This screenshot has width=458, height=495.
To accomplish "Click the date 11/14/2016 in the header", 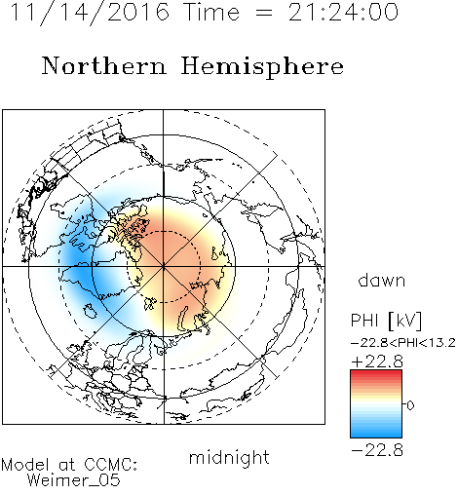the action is point(90,13).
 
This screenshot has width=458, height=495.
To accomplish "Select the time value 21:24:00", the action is point(343,13).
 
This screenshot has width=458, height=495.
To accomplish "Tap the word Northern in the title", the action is point(104,65).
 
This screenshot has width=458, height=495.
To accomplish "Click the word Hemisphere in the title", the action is point(262,67).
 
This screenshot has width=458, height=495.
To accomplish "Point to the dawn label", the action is point(382,280).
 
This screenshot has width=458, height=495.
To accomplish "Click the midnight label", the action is point(229,457).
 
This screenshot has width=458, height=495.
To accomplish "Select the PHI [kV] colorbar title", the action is point(386,321).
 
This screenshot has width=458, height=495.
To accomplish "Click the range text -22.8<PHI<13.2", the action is point(403,343).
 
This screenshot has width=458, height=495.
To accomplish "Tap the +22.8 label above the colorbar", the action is point(377,362).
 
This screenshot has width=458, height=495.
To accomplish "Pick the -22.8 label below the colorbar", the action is point(377,450).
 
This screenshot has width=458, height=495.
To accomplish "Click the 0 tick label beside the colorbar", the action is point(410,405).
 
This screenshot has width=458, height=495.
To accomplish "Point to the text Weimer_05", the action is point(73,479).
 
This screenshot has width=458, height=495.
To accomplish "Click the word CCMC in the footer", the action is point(110,465).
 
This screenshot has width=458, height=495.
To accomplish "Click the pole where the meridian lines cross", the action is point(164,267).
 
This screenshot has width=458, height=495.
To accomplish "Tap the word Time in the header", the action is point(211,13).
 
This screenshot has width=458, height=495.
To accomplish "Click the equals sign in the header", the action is point(264,13).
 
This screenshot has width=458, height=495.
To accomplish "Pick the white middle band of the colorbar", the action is point(376,404).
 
